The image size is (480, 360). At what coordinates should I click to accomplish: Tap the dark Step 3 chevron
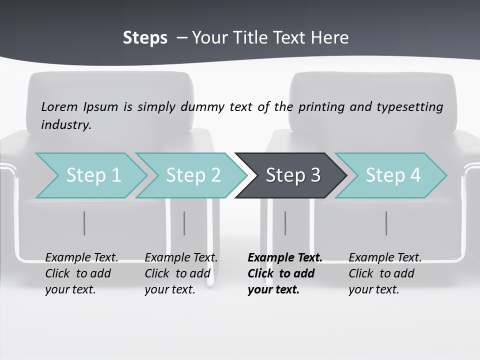(x=292, y=175)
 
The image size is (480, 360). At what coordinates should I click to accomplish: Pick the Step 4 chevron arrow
(x=392, y=175)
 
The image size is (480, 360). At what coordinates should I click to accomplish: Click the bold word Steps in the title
(x=145, y=38)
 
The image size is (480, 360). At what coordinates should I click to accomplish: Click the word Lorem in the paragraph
(x=59, y=107)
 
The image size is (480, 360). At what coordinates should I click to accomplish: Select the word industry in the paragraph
(x=66, y=125)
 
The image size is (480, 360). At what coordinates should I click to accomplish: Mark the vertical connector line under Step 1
(x=84, y=223)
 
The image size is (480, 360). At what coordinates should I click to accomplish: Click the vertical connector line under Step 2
(x=184, y=223)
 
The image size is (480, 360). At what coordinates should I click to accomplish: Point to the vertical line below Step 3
(x=285, y=223)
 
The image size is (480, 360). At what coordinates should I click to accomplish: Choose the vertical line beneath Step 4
(x=386, y=223)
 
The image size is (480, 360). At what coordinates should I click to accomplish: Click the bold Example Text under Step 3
(x=285, y=258)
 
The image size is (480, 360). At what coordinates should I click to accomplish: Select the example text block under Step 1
(x=81, y=273)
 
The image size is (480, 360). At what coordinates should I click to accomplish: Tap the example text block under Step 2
(x=181, y=273)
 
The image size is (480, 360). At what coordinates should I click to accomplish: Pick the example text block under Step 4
(x=385, y=273)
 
